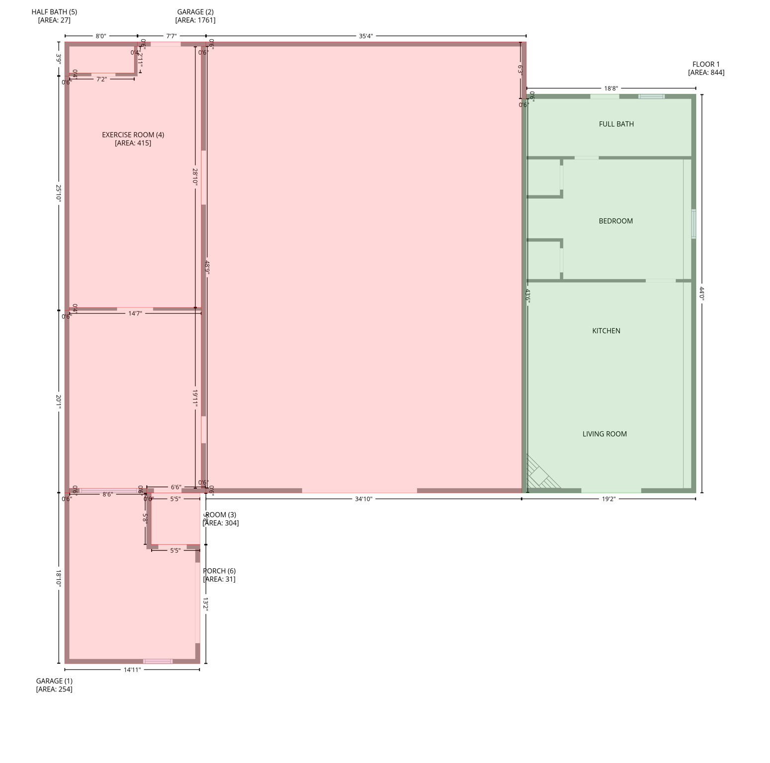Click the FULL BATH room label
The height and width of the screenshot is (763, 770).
pyautogui.click(x=616, y=124)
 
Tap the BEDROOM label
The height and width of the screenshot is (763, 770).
pyautogui.click(x=615, y=221)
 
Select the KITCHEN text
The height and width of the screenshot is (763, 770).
pyautogui.click(x=606, y=331)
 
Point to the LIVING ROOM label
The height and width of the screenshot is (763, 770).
pyautogui.click(x=604, y=434)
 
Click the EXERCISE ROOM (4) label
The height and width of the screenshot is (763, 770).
pyautogui.click(x=133, y=135)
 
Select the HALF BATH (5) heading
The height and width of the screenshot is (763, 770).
pyautogui.click(x=54, y=12)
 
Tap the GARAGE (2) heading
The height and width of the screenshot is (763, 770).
pyautogui.click(x=195, y=12)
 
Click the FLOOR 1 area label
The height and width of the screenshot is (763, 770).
pyautogui.click(x=706, y=65)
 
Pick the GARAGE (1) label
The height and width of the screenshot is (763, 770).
pyautogui.click(x=54, y=681)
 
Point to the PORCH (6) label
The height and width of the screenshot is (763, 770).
pyautogui.click(x=219, y=571)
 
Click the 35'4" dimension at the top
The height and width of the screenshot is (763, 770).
pyautogui.click(x=366, y=36)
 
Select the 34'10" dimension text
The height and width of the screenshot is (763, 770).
pyautogui.click(x=363, y=499)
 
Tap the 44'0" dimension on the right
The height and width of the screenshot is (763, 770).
pyautogui.click(x=702, y=294)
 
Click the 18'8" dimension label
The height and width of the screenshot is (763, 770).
pyautogui.click(x=611, y=89)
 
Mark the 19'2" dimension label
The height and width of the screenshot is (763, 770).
pyautogui.click(x=608, y=499)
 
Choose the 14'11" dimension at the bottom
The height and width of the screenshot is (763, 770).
pyautogui.click(x=132, y=670)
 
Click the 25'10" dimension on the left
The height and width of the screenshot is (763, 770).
pyautogui.click(x=59, y=193)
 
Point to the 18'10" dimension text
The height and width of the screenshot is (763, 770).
pyautogui.click(x=59, y=579)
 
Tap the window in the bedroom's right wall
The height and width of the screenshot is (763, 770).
pyautogui.click(x=693, y=224)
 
